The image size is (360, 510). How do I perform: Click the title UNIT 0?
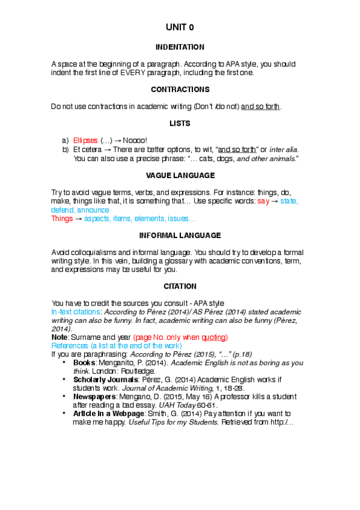pos(180,27)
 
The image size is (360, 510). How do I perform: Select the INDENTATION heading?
pos(180,47)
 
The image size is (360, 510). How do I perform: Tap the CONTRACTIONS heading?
pos(180,90)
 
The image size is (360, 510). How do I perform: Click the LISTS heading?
pos(180,123)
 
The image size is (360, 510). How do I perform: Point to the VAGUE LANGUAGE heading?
pos(180,175)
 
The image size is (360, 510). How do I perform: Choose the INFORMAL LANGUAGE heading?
pos(180,235)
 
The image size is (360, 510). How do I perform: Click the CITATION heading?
pos(180,286)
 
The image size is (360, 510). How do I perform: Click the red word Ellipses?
pos(86,140)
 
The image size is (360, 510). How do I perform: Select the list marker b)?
pos(66,149)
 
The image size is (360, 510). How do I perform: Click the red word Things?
pos(62,218)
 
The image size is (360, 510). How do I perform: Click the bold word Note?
pos(59,338)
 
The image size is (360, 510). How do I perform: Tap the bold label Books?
pos(84,363)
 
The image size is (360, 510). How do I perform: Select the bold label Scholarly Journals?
pos(103,380)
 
